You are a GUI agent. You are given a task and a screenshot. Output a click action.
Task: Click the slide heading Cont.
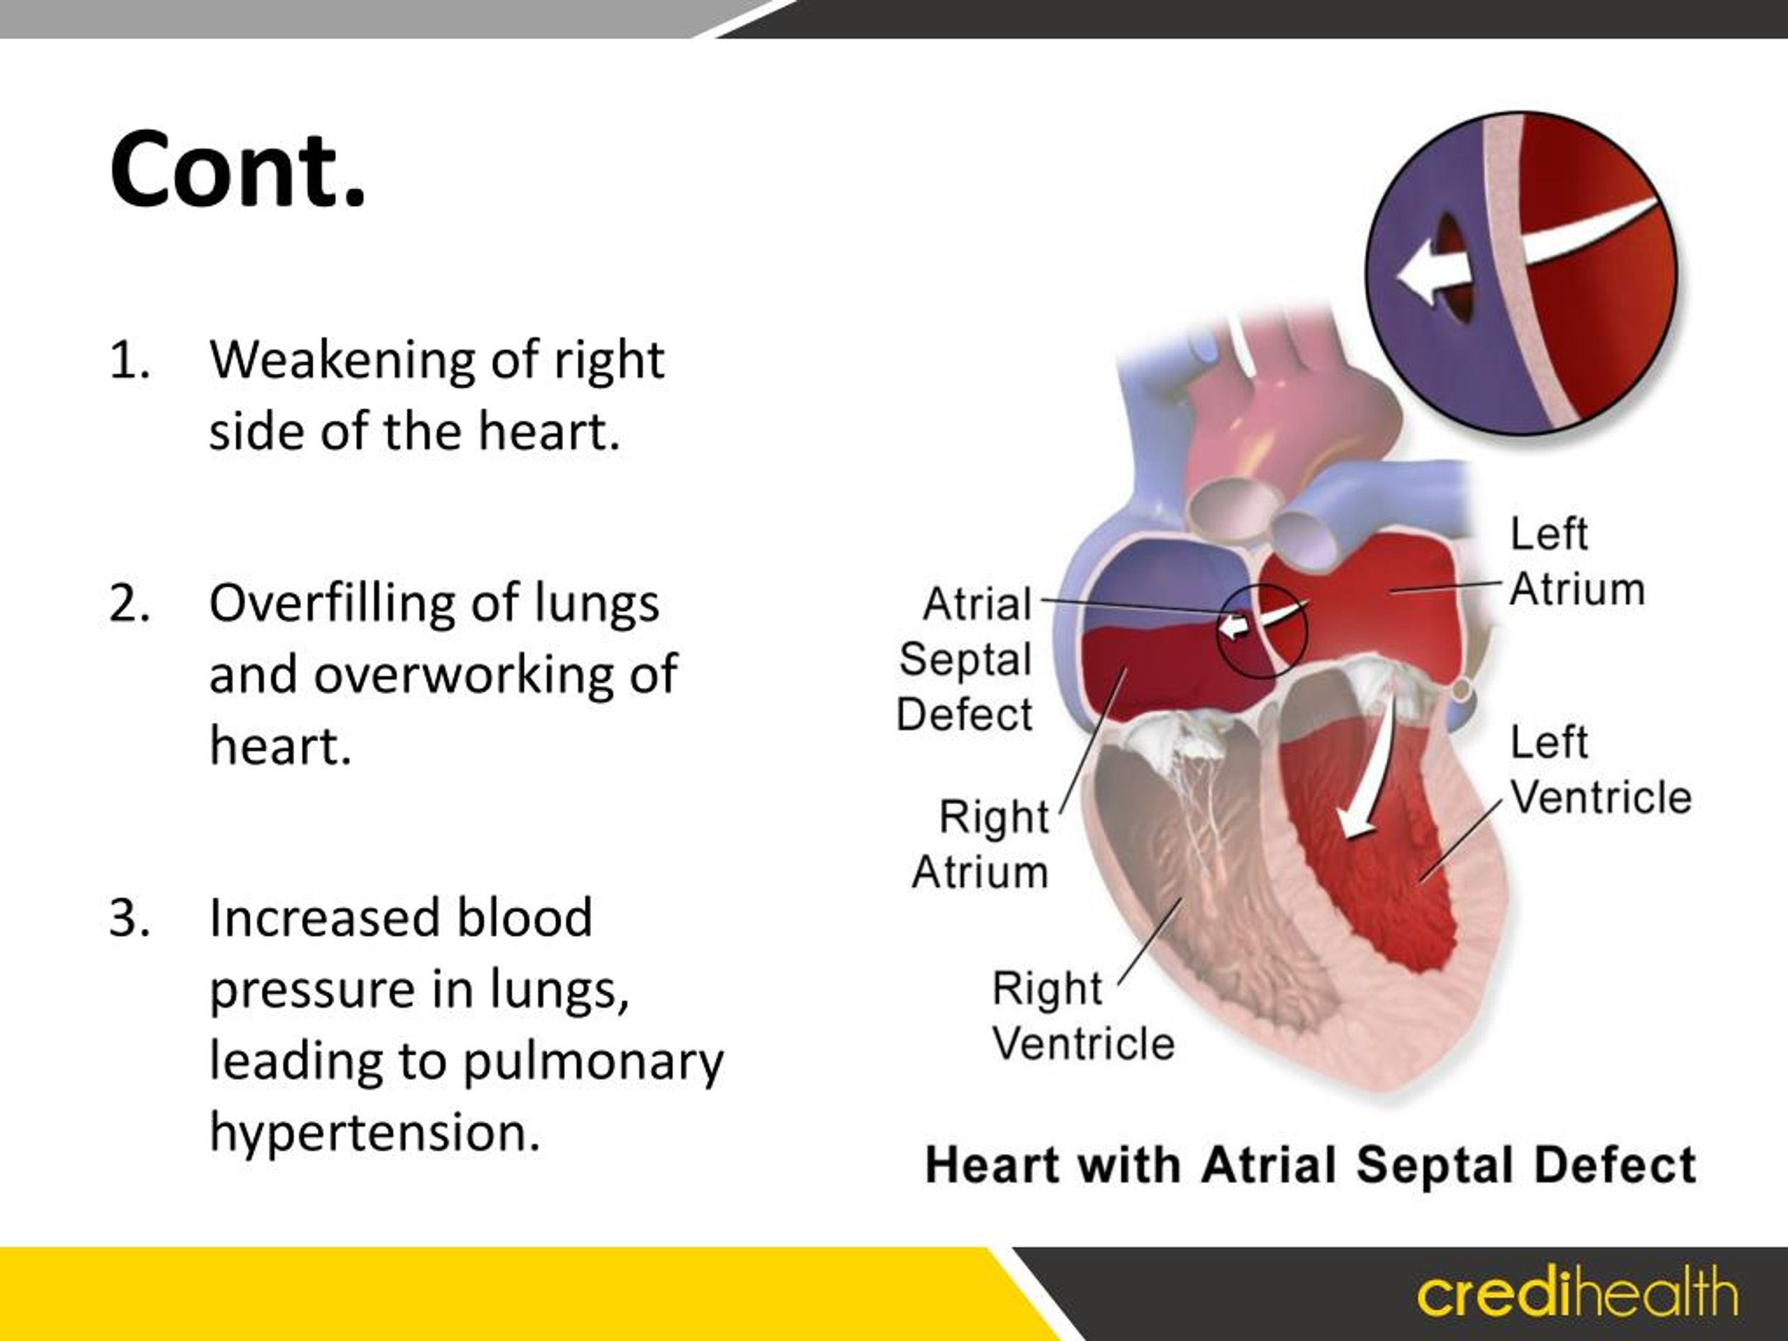(x=237, y=171)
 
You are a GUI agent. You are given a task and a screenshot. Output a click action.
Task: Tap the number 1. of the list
(x=129, y=360)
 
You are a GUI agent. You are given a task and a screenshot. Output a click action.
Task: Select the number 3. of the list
(x=129, y=919)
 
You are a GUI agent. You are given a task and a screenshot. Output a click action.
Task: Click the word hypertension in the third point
(x=374, y=1132)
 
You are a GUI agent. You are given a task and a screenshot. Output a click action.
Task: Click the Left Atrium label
(x=1576, y=562)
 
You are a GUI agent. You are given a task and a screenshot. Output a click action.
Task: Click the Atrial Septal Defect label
(x=965, y=659)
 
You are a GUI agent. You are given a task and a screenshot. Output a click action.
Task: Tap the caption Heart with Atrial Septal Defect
(x=1310, y=1166)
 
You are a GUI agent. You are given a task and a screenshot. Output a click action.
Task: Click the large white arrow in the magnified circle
(x=1504, y=255)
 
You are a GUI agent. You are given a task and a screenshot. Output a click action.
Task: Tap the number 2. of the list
(x=129, y=604)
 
